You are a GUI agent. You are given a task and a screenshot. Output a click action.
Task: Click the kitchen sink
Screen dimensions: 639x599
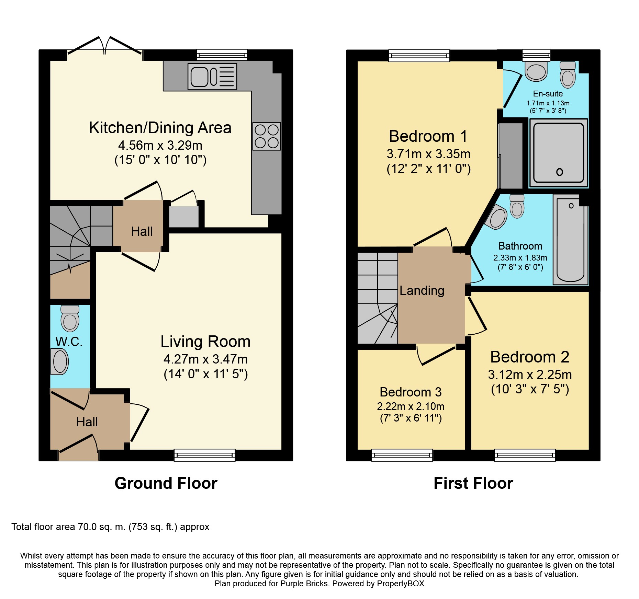tap(212, 77)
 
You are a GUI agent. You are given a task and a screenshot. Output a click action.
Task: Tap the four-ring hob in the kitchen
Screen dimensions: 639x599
tap(267, 136)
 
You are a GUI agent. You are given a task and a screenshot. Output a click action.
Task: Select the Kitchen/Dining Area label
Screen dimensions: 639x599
tap(160, 128)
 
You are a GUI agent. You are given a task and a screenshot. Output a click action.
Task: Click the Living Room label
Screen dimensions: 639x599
tap(205, 342)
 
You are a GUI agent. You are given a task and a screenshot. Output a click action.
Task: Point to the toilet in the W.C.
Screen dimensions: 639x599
tap(70, 318)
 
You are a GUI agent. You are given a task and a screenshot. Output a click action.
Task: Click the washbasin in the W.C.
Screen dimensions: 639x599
tap(59, 361)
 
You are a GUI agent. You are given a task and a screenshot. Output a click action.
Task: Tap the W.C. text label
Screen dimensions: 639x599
tap(69, 342)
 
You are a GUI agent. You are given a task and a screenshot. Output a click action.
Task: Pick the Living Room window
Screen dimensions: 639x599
tap(205, 455)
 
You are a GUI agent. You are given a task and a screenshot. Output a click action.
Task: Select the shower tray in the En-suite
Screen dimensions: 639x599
tap(559, 153)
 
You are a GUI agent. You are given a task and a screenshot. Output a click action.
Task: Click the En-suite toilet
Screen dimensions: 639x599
tap(568, 74)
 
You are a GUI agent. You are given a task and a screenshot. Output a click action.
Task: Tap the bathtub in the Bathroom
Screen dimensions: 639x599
tap(571, 240)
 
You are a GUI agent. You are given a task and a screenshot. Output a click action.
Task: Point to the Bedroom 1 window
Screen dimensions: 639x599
tap(419, 56)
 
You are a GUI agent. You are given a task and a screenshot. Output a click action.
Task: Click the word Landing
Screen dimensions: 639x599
tap(422, 291)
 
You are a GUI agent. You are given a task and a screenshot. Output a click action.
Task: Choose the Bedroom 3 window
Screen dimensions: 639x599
tap(402, 455)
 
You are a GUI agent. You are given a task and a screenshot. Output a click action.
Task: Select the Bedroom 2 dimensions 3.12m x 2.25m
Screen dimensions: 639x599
tap(530, 375)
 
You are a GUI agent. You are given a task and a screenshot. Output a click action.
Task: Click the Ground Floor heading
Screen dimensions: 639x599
tap(166, 483)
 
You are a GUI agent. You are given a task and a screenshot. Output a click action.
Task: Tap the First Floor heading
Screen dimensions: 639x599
tap(473, 483)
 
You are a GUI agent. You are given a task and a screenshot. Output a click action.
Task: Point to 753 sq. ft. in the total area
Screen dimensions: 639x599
tap(153, 527)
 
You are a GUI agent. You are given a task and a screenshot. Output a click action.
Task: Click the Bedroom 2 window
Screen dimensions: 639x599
tap(525, 455)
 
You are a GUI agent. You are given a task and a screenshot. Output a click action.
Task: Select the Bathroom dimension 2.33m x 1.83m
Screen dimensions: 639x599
tap(520, 258)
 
